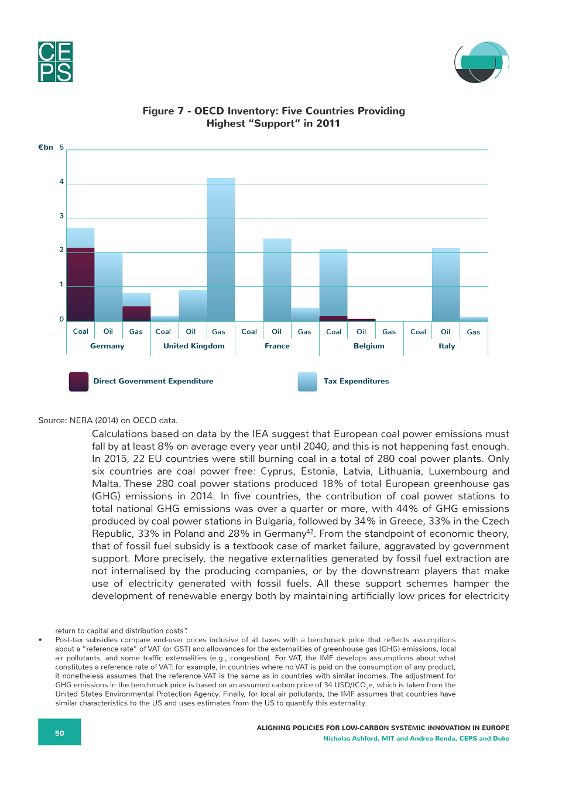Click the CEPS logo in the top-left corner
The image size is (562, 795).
[56, 61]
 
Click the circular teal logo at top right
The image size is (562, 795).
[481, 62]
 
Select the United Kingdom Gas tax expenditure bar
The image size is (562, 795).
[221, 249]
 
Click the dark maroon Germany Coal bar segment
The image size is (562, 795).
[80, 285]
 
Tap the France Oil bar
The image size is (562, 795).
[277, 280]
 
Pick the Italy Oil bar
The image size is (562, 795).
[446, 285]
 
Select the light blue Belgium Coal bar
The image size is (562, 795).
[333, 283]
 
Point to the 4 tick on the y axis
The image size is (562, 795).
[61, 181]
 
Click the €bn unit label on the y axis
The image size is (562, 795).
[46, 148]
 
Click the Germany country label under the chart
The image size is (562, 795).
[107, 346]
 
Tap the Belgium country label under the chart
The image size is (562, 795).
[369, 346]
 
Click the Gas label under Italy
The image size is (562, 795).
[473, 332]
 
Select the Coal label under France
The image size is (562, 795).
[249, 331]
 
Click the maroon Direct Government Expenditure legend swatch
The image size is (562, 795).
[79, 382]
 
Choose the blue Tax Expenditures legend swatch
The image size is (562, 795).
[307, 382]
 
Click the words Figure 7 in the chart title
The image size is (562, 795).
[163, 111]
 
